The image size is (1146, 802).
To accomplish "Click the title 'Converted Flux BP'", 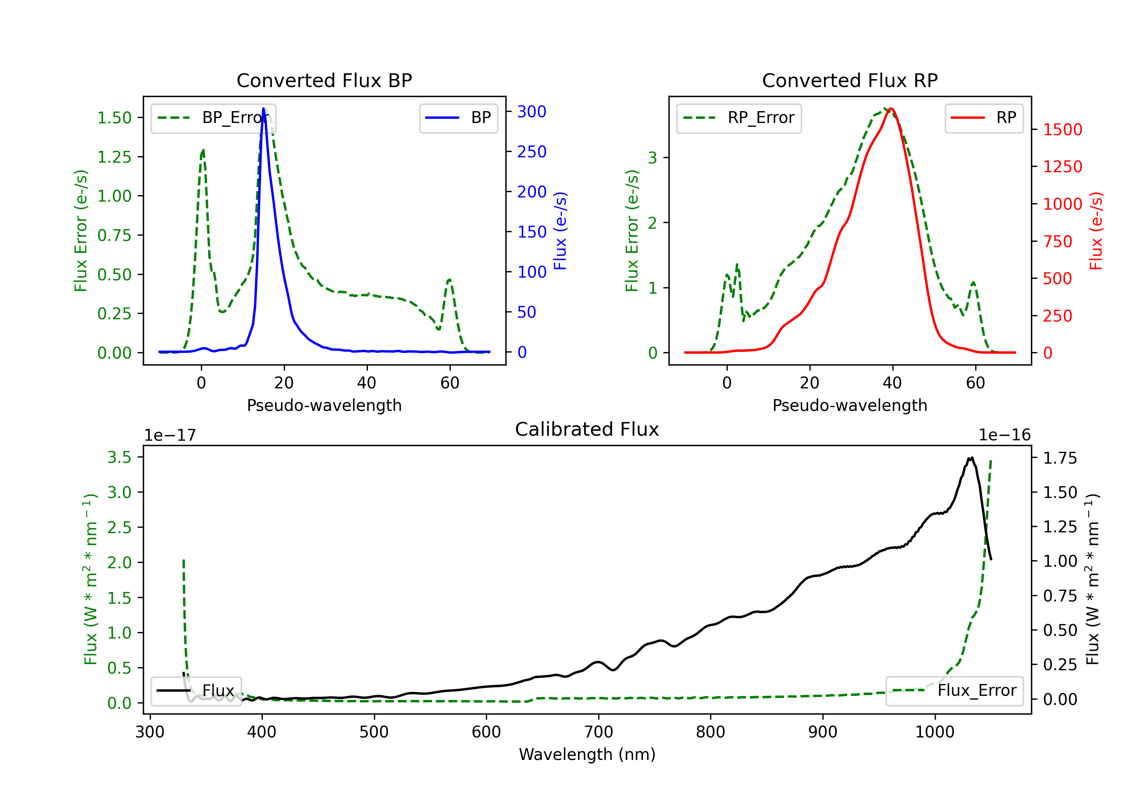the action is click(x=324, y=80).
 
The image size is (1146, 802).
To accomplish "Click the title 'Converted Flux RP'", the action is click(x=850, y=80).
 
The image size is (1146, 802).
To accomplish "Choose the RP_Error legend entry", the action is click(x=739, y=118).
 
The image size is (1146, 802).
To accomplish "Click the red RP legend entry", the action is click(x=984, y=118).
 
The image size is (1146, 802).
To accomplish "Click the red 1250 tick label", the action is click(x=1063, y=166).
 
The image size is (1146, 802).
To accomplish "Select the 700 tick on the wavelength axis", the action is click(x=599, y=732).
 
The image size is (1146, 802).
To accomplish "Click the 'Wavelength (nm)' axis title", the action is click(x=587, y=754).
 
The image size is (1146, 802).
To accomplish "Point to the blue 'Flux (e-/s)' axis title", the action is click(x=560, y=231).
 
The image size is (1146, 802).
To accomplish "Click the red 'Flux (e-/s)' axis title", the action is click(x=1096, y=231).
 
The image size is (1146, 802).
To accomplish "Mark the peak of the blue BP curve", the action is click(x=264, y=108).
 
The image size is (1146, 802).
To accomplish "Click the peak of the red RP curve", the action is click(x=891, y=108).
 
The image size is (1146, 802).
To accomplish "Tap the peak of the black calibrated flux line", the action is click(x=972, y=457).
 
